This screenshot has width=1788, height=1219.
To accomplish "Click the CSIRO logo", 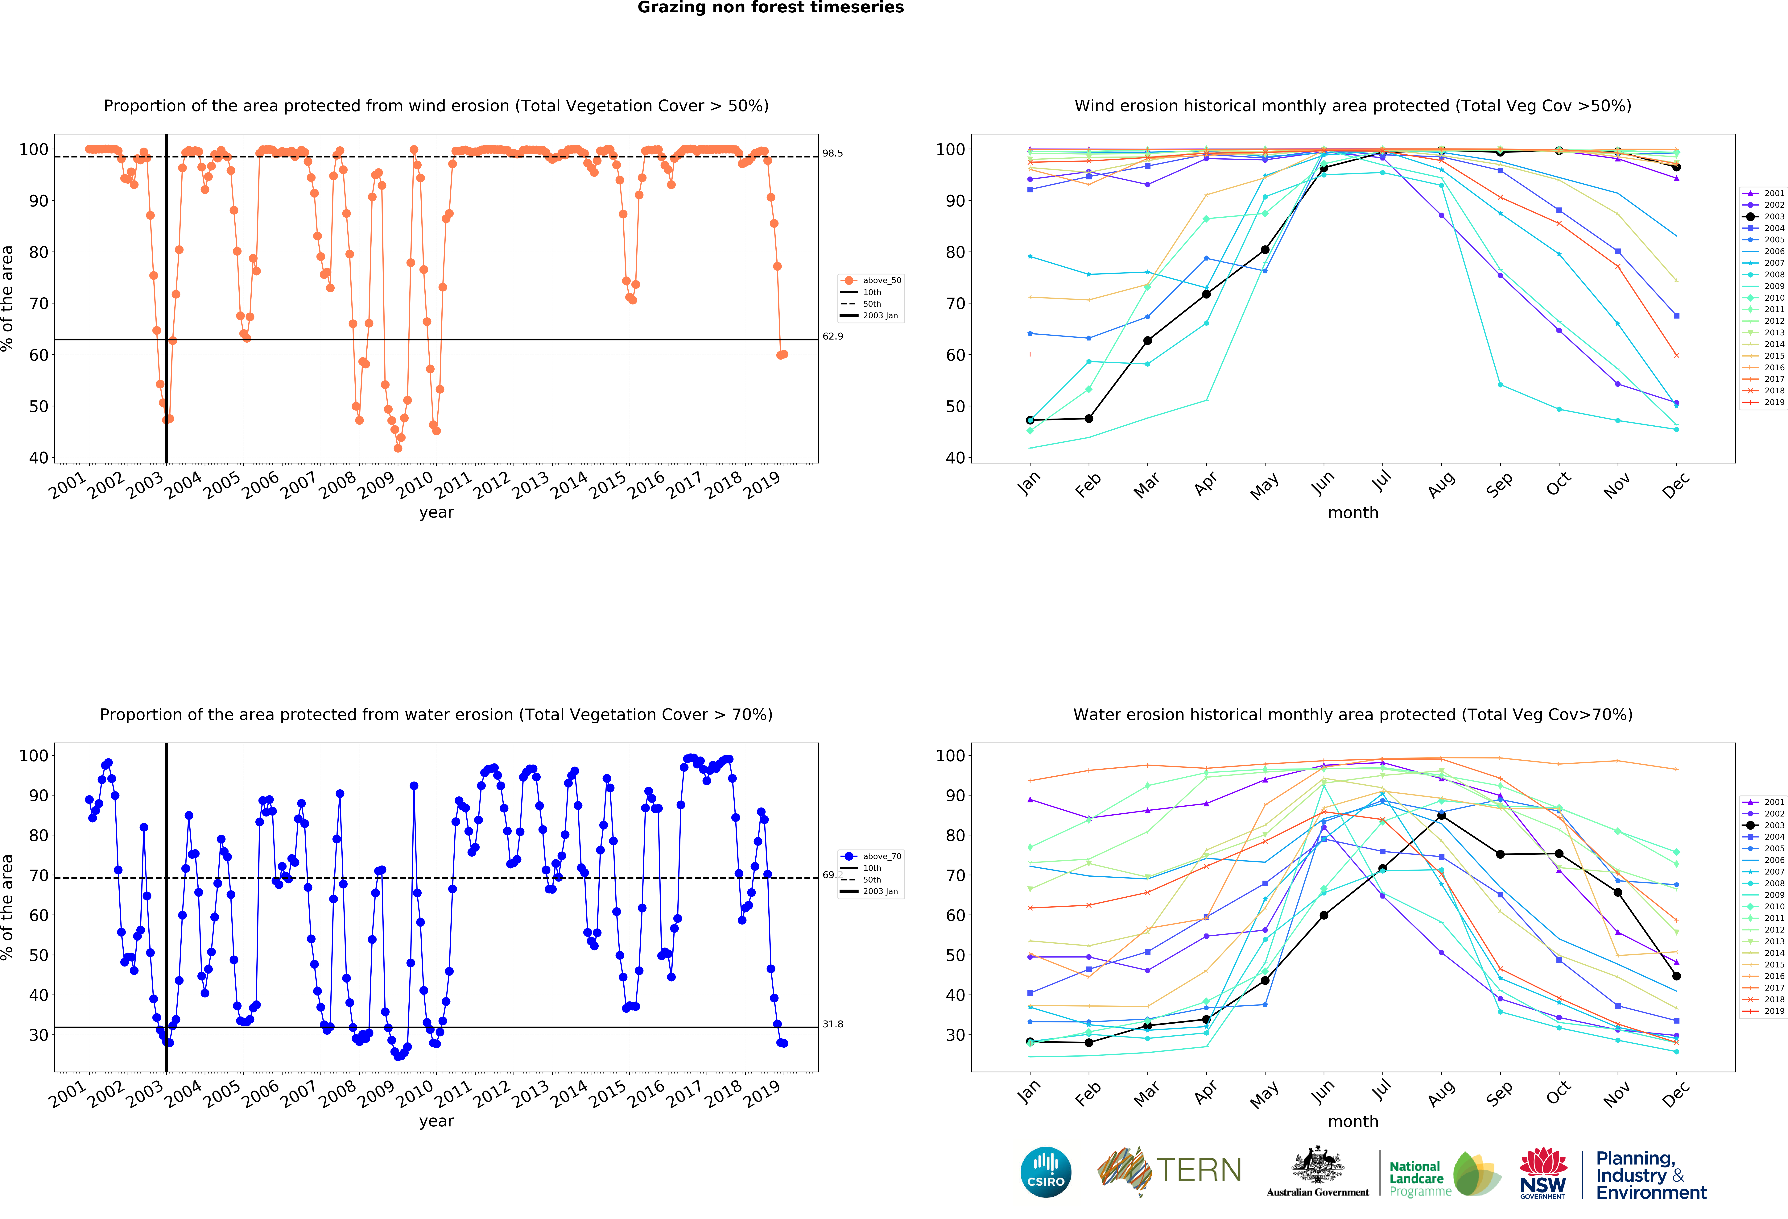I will (1046, 1172).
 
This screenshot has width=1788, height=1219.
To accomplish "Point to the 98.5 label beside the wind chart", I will (832, 153).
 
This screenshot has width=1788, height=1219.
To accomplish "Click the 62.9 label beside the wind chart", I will (832, 336).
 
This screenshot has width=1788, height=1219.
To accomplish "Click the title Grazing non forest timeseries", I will (770, 8).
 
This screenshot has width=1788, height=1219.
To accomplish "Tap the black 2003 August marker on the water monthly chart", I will (1441, 816).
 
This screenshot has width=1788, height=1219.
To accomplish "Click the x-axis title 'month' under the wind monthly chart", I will (1352, 512).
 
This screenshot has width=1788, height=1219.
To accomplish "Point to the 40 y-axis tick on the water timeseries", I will (39, 995).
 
